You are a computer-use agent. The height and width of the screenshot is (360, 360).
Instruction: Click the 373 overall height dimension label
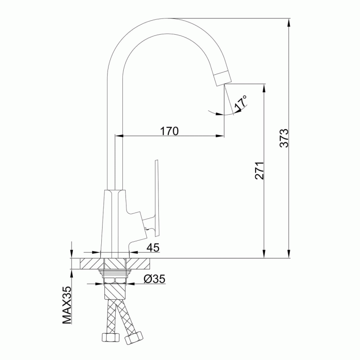coord(284,138)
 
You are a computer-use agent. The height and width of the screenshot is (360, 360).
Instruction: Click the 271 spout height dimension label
coord(260,171)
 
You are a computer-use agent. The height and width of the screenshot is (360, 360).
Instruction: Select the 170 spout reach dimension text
coord(169,131)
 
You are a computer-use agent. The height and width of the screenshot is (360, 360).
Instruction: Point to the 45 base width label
coord(153,247)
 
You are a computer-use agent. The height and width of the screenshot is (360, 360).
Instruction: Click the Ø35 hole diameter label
coord(154,279)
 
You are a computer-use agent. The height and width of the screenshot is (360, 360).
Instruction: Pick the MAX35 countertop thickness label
coord(67,305)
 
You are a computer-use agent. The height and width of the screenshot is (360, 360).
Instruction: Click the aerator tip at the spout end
coord(223,78)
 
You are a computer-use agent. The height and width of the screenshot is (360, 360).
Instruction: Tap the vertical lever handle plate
coord(157,198)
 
